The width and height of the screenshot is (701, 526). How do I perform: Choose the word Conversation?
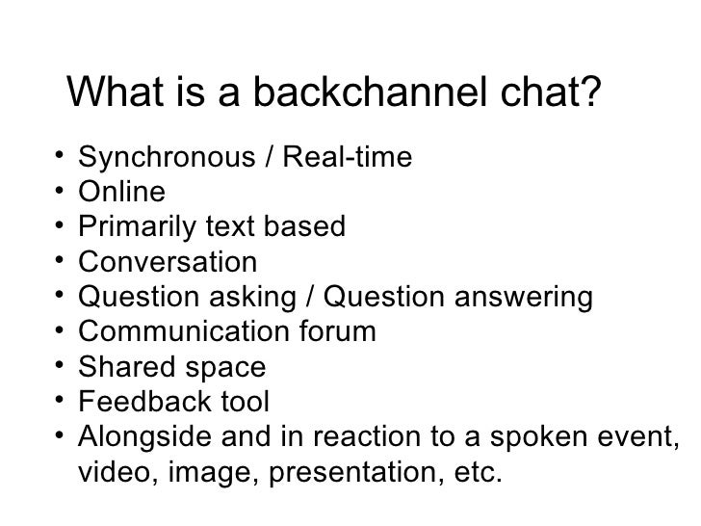(x=168, y=262)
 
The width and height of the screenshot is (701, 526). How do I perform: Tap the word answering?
(x=518, y=298)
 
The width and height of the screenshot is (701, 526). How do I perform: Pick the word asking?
(x=263, y=298)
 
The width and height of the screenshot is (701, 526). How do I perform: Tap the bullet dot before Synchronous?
(x=60, y=154)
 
